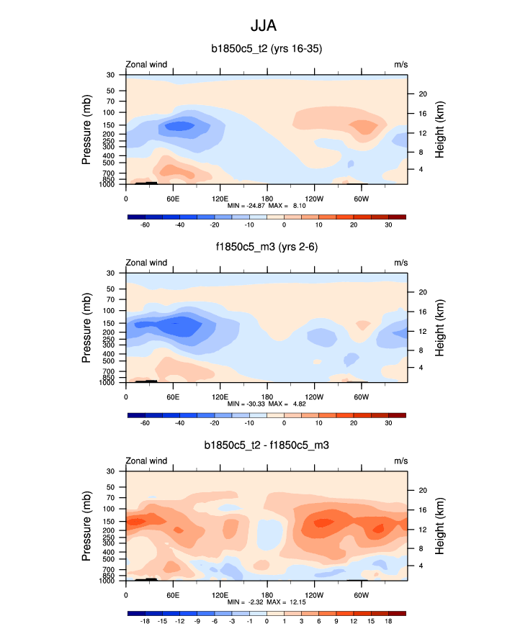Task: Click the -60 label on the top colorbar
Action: (x=145, y=225)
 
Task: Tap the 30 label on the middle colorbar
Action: (x=388, y=423)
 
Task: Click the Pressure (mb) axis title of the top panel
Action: (x=86, y=130)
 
